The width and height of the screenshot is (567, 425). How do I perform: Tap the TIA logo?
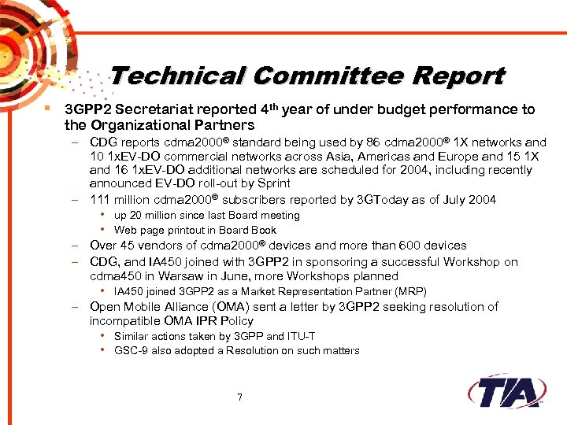point(507,391)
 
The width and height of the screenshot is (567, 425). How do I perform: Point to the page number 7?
point(239,397)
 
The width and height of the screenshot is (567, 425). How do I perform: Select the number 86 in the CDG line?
point(376,142)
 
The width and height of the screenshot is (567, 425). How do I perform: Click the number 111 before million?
point(100,199)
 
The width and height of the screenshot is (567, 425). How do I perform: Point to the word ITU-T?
point(298,336)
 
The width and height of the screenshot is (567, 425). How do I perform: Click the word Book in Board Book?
point(263,230)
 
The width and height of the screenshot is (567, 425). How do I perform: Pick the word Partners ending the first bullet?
point(225,125)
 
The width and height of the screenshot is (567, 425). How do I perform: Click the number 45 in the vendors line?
point(128,246)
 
